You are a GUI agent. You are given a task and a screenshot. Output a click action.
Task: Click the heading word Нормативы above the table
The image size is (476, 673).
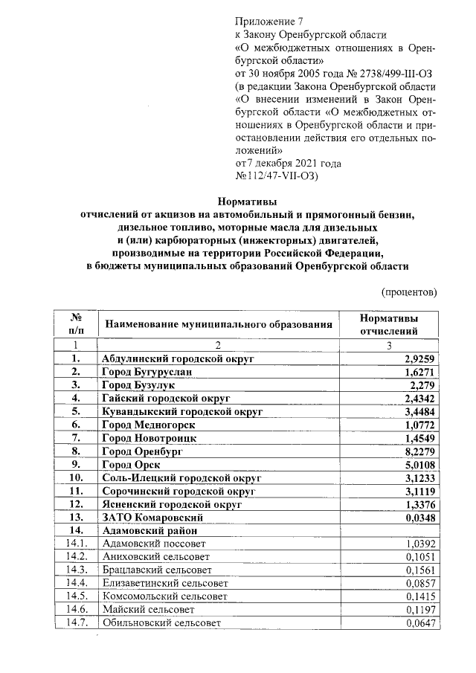pyautogui.click(x=247, y=201)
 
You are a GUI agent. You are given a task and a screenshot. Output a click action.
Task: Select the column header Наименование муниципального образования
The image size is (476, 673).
pyautogui.click(x=218, y=324)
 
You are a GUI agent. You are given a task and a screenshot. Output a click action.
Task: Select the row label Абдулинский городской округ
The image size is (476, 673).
pyautogui.click(x=178, y=358)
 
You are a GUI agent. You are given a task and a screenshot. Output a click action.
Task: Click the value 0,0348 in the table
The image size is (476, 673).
pyautogui.click(x=416, y=517)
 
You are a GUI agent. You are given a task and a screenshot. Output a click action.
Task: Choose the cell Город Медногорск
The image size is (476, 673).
pyautogui.click(x=149, y=425)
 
